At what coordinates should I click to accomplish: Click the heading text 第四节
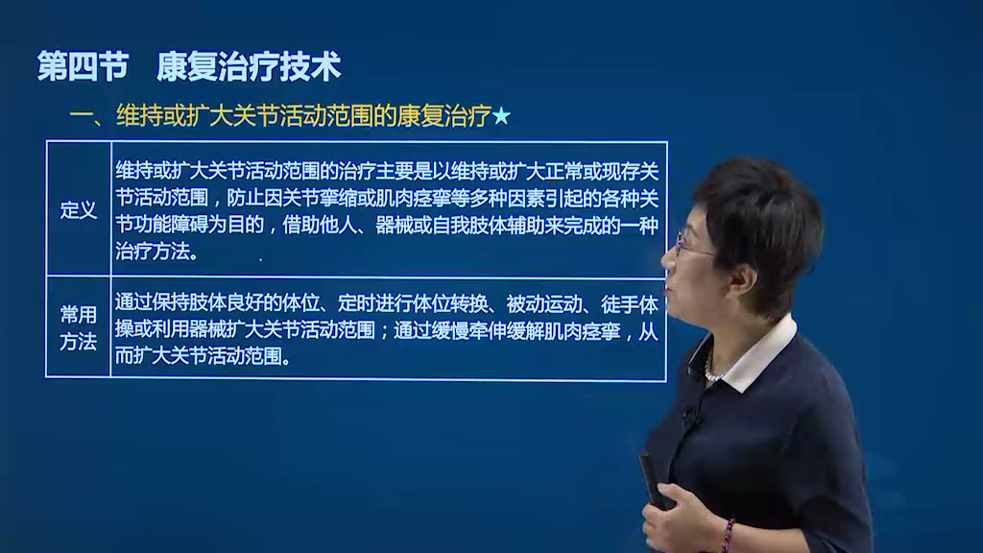coord(83,66)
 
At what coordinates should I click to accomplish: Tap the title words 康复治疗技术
coord(249,66)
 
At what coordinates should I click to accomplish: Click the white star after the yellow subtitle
coord(501,116)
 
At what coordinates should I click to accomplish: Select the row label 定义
coord(79,210)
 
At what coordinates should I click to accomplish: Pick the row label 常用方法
coord(79,328)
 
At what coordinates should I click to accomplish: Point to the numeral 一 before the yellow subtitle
coord(81,116)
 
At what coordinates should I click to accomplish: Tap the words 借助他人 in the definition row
coord(319,225)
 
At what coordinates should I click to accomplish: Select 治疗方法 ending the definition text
coord(153,252)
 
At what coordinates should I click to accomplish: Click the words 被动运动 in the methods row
coord(544,303)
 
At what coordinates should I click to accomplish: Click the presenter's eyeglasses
coord(693,245)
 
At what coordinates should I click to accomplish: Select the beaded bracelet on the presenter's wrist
coord(728,535)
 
